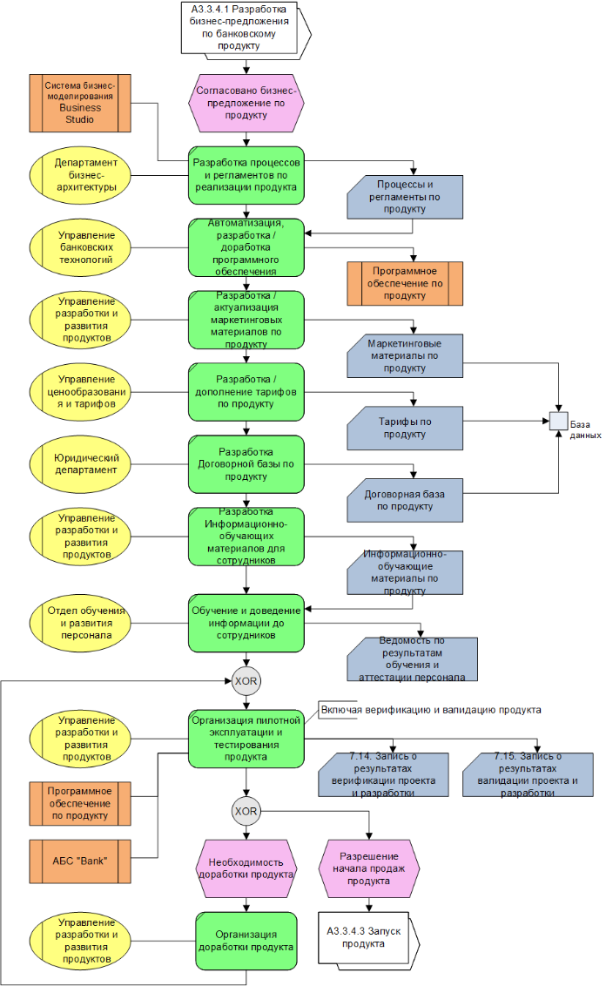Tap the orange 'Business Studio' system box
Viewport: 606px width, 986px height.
[79, 102]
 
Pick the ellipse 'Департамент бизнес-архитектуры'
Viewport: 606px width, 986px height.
[79, 174]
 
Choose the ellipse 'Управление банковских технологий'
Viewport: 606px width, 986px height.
[79, 247]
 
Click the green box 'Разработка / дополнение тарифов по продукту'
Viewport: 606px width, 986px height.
[246, 392]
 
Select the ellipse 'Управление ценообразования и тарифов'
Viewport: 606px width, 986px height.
[79, 392]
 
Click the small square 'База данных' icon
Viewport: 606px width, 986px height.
[557, 421]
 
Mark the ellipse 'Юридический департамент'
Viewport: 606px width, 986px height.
[79, 464]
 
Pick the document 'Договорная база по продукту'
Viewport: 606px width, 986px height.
[404, 500]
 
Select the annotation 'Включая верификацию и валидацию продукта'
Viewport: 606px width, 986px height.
[431, 710]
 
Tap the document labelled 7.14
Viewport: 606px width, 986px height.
[383, 774]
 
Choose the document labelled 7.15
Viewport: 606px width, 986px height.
[529, 774]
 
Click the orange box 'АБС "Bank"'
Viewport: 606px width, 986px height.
[79, 862]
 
